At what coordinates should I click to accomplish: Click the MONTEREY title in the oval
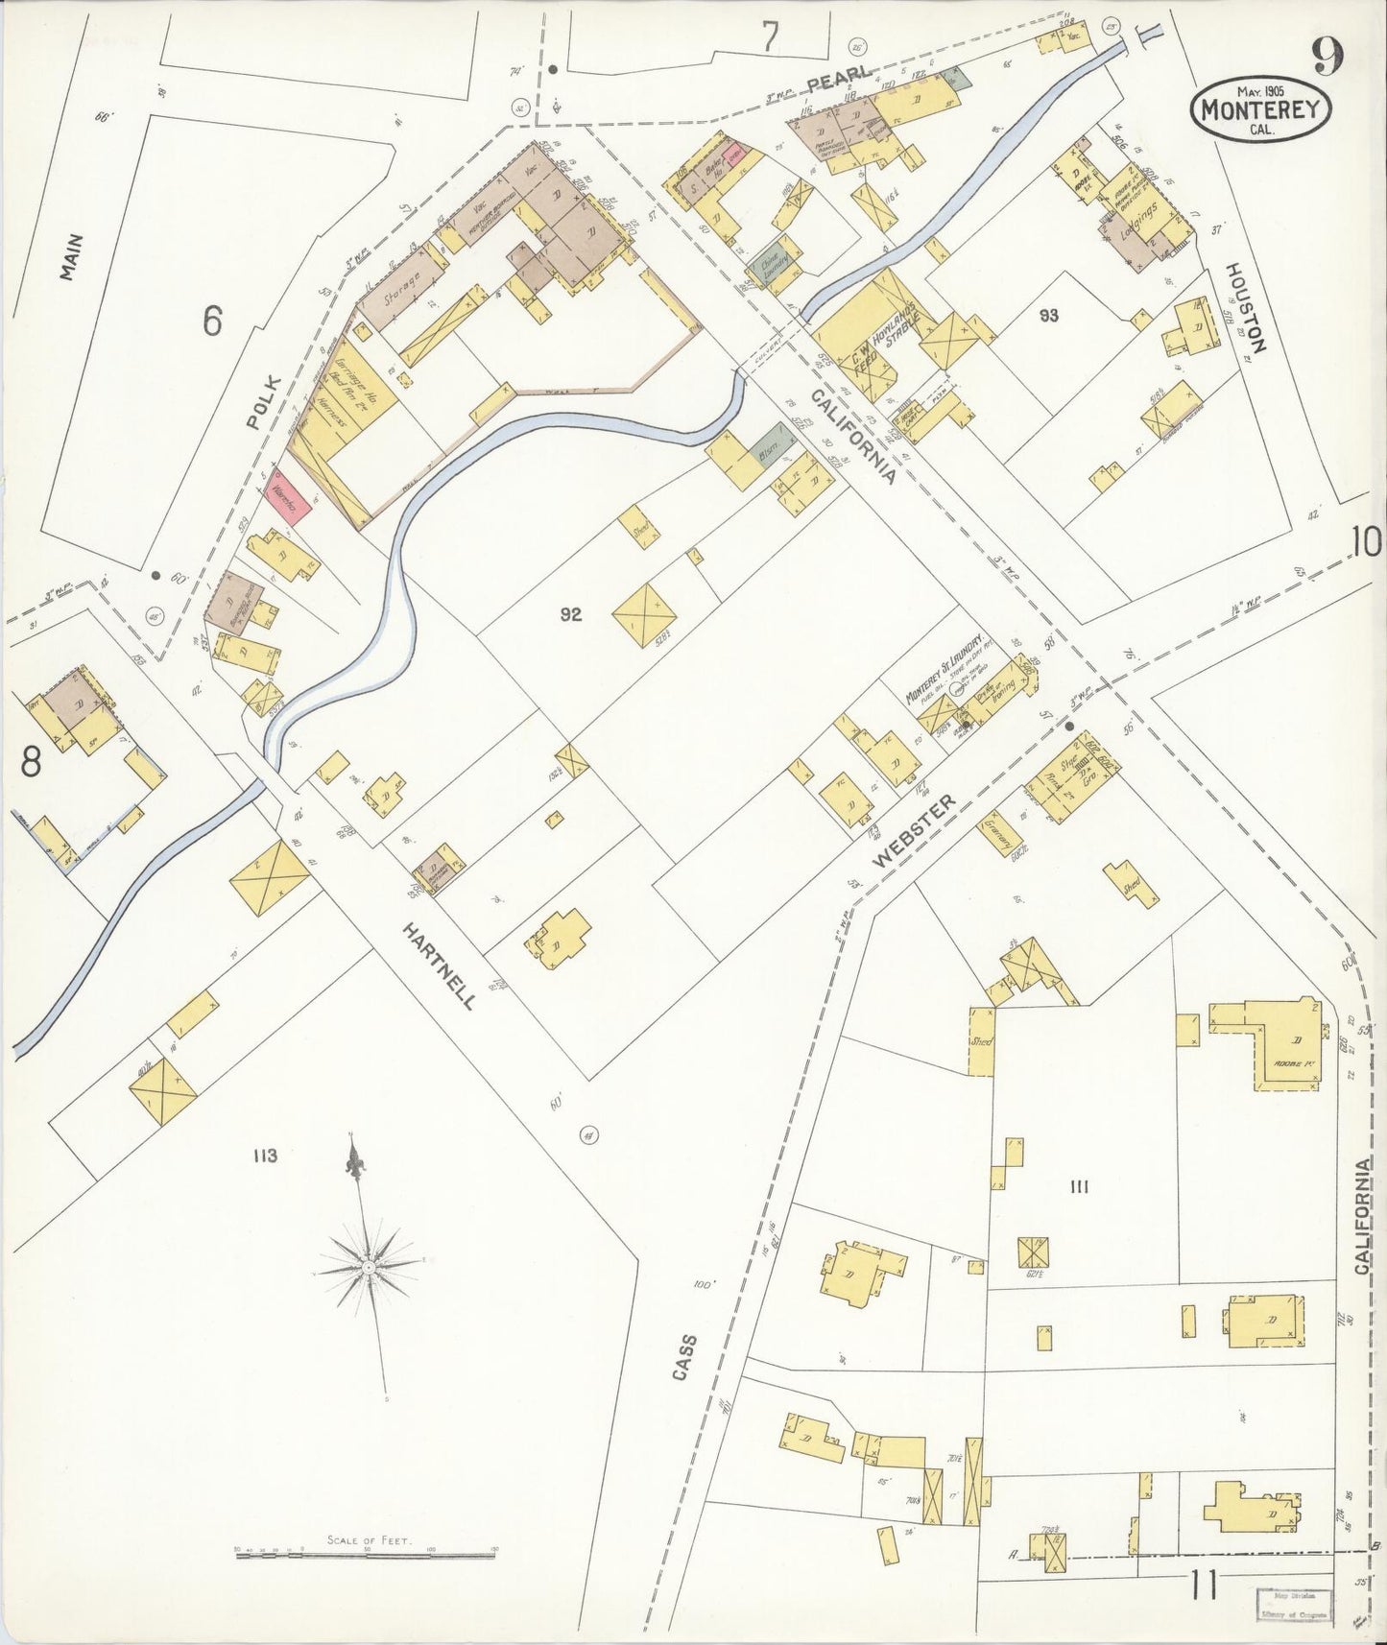(x=1261, y=110)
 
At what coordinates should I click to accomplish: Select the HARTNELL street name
(x=440, y=966)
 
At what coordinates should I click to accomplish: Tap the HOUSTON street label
(x=1247, y=308)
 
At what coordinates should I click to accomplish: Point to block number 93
(x=1047, y=314)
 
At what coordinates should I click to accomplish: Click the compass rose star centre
(x=368, y=1268)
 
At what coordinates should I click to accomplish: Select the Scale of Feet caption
(x=369, y=1540)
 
